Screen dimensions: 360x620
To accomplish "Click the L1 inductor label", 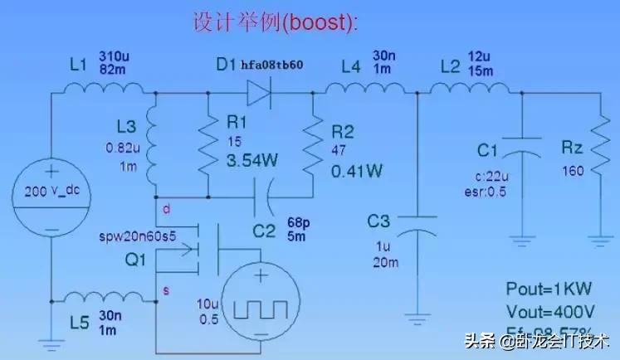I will [76, 65].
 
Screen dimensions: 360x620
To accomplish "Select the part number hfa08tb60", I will [271, 64].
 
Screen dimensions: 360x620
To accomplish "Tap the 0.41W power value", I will [356, 172].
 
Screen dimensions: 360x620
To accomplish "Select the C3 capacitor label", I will [379, 221].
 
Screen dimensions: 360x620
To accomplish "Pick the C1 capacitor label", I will [488, 152].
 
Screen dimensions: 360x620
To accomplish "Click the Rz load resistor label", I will [572, 148].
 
